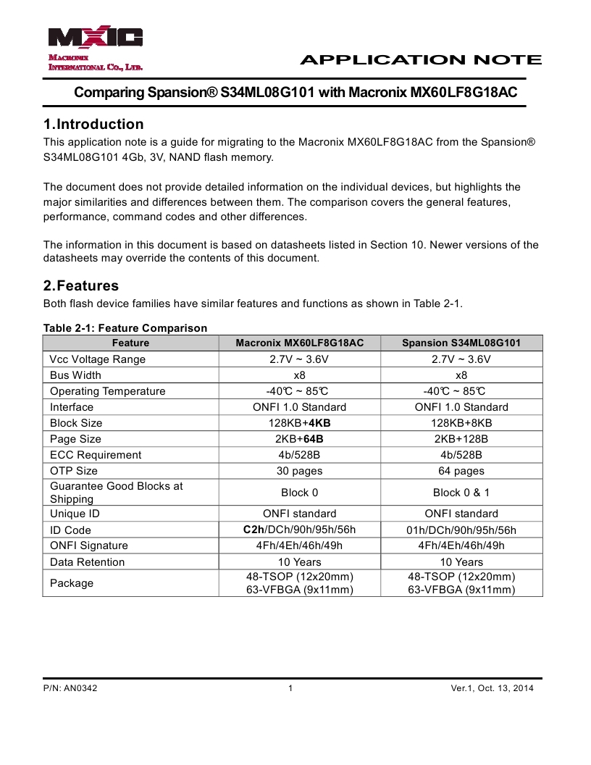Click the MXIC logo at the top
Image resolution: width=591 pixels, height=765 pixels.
tap(96, 38)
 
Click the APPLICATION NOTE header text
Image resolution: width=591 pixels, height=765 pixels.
tap(420, 60)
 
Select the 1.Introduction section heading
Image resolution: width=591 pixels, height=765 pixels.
tap(93, 124)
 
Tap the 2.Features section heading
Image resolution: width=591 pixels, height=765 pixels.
tap(81, 285)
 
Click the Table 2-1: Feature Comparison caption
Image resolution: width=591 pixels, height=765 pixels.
tap(125, 328)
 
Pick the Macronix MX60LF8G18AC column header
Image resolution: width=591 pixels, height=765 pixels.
tap(300, 343)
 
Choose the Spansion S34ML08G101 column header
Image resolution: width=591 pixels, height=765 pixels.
tap(461, 343)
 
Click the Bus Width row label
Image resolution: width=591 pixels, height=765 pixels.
tap(75, 375)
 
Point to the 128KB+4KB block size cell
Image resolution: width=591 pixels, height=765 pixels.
tap(300, 423)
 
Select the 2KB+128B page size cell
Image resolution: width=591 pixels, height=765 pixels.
tap(461, 439)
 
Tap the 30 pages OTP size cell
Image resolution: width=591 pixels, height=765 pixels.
tap(300, 471)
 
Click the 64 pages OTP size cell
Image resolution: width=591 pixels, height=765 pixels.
tap(461, 471)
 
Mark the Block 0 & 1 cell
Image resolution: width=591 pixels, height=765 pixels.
tap(461, 493)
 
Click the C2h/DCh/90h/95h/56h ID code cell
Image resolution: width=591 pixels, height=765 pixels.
tap(300, 530)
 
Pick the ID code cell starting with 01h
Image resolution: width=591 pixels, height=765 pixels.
tap(461, 530)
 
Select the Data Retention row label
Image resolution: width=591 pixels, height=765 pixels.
tap(87, 562)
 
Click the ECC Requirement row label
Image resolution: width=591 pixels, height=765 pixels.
tap(96, 455)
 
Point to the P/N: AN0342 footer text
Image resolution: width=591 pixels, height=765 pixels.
tap(70, 688)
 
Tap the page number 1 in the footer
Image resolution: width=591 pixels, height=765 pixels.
tap(290, 688)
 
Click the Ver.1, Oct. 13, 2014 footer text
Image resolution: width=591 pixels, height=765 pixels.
tap(492, 688)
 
